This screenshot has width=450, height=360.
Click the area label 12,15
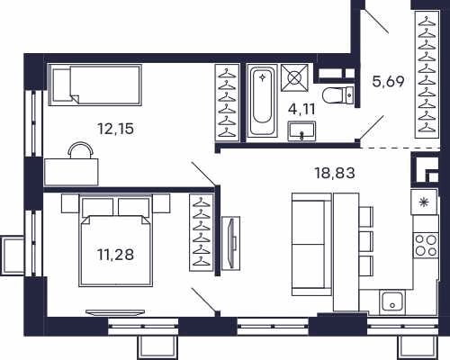tap(116, 129)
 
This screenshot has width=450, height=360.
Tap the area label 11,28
tap(115, 255)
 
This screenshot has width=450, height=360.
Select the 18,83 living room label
tap(335, 173)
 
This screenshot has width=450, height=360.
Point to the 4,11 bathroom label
tap(301, 110)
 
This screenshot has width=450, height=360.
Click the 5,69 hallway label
tap(388, 81)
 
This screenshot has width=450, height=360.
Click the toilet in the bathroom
tap(338, 95)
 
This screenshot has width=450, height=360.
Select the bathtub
tap(262, 101)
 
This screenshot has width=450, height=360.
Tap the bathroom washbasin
tap(301, 131)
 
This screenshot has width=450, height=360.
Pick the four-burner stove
tap(426, 245)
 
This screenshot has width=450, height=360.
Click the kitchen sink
tap(391, 301)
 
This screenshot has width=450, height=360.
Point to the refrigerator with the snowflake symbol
tap(424, 202)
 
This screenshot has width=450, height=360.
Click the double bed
tap(115, 240)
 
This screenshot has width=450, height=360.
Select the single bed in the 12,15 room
tap(94, 85)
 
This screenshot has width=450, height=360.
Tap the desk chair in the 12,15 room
tap(80, 149)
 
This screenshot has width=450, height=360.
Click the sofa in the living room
tap(311, 244)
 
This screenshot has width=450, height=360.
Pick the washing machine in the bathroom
tap(294, 77)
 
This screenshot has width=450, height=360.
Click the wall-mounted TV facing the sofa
tap(231, 242)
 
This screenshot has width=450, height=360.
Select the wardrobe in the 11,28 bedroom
tap(202, 232)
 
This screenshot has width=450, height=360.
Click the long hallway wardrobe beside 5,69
tap(427, 75)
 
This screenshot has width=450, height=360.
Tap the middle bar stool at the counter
tap(366, 241)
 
